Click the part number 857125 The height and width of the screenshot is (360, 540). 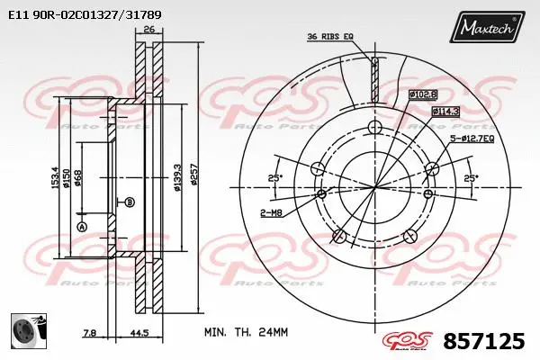[484, 341]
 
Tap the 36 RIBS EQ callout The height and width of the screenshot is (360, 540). [330, 36]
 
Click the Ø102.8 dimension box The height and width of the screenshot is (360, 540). [422, 94]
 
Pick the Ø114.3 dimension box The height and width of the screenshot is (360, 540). [445, 111]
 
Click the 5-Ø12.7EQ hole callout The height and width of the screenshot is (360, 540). [472, 139]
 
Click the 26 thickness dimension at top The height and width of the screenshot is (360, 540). [149, 31]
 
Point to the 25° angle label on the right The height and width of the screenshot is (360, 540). [469, 178]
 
